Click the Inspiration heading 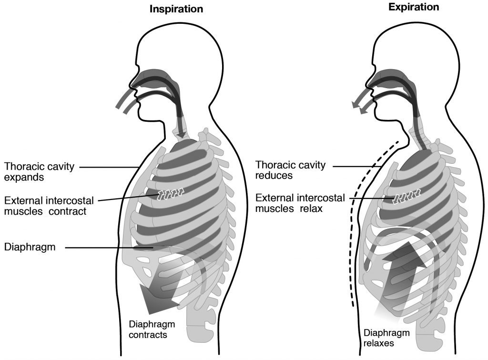(176, 9)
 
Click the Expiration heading (414, 7)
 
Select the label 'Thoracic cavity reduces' (291, 170)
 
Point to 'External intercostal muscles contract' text (49, 205)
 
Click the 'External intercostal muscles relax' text (300, 203)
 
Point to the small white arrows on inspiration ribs (171, 193)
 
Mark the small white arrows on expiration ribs (406, 195)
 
